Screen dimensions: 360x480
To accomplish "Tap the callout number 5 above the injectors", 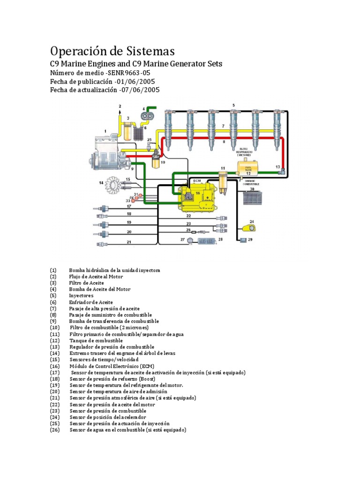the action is click(x=233, y=105).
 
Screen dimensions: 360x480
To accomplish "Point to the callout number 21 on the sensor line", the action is click(x=128, y=242).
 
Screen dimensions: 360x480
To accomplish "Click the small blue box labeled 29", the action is click(x=243, y=240).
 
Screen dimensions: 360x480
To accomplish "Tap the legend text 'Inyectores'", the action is click(x=81, y=296).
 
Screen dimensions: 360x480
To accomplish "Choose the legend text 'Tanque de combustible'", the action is click(x=96, y=340).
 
